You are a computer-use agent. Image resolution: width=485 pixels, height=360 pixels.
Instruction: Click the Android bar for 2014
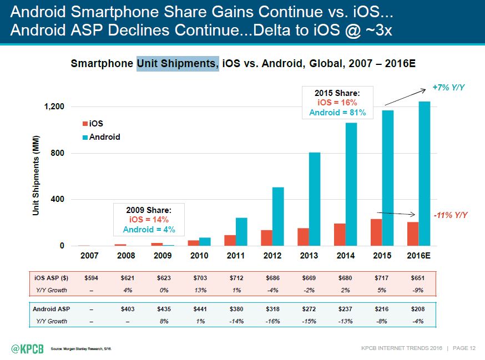tap(351, 184)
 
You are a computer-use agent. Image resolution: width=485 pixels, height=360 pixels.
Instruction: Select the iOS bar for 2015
tap(376, 232)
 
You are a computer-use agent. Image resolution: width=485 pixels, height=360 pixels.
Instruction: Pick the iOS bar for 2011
tap(230, 240)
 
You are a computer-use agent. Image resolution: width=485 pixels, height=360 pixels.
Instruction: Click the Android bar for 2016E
tap(425, 174)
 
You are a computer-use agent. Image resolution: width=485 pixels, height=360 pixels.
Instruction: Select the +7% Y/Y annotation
tap(448, 88)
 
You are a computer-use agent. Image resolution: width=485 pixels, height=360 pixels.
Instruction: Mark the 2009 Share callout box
tap(147, 220)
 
